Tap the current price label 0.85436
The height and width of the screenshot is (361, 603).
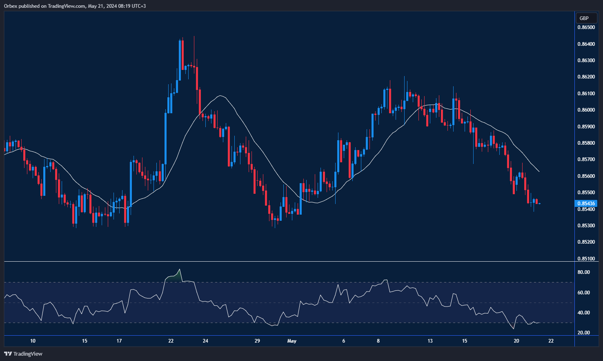[x=585, y=203]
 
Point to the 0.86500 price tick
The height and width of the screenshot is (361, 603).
[x=586, y=27]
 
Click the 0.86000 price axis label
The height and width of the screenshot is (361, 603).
[x=586, y=110]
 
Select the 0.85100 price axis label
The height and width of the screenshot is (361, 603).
[x=586, y=258]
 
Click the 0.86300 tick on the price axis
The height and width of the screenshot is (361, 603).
[x=586, y=61]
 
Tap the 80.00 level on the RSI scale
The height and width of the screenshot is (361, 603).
[x=583, y=272]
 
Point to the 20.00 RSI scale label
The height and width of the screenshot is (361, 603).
[x=583, y=333]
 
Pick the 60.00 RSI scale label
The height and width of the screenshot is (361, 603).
[x=583, y=293]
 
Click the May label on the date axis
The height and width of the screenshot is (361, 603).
[x=292, y=341]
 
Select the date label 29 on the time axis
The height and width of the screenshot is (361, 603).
[x=257, y=341]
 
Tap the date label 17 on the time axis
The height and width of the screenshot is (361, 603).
[x=119, y=341]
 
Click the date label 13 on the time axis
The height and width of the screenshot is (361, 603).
[x=430, y=341]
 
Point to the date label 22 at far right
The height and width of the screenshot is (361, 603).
[x=551, y=341]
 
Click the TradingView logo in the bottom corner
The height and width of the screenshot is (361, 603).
[x=23, y=354]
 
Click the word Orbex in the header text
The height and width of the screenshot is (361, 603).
[x=11, y=6]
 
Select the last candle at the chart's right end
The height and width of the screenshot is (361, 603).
[x=540, y=204]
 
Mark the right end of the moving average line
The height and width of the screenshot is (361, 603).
[x=539, y=171]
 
